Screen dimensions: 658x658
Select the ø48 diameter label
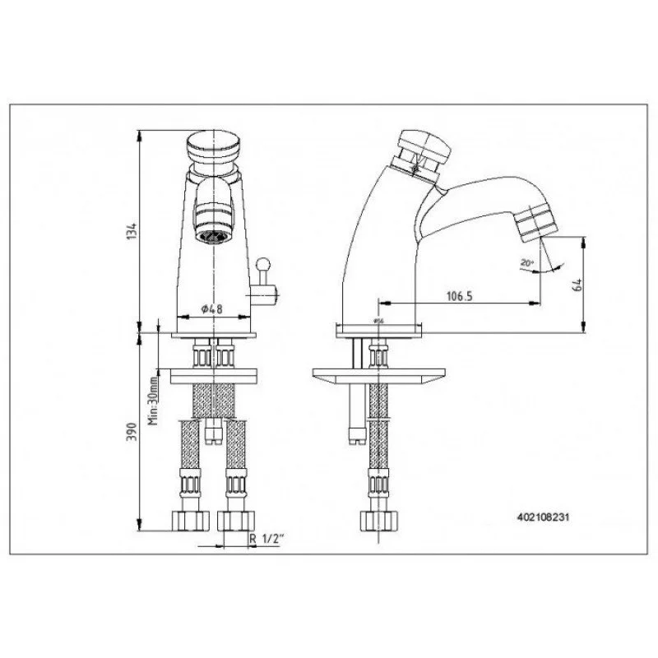[212, 310]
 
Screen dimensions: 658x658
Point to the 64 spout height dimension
[577, 285]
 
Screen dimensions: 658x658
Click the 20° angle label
[527, 263]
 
